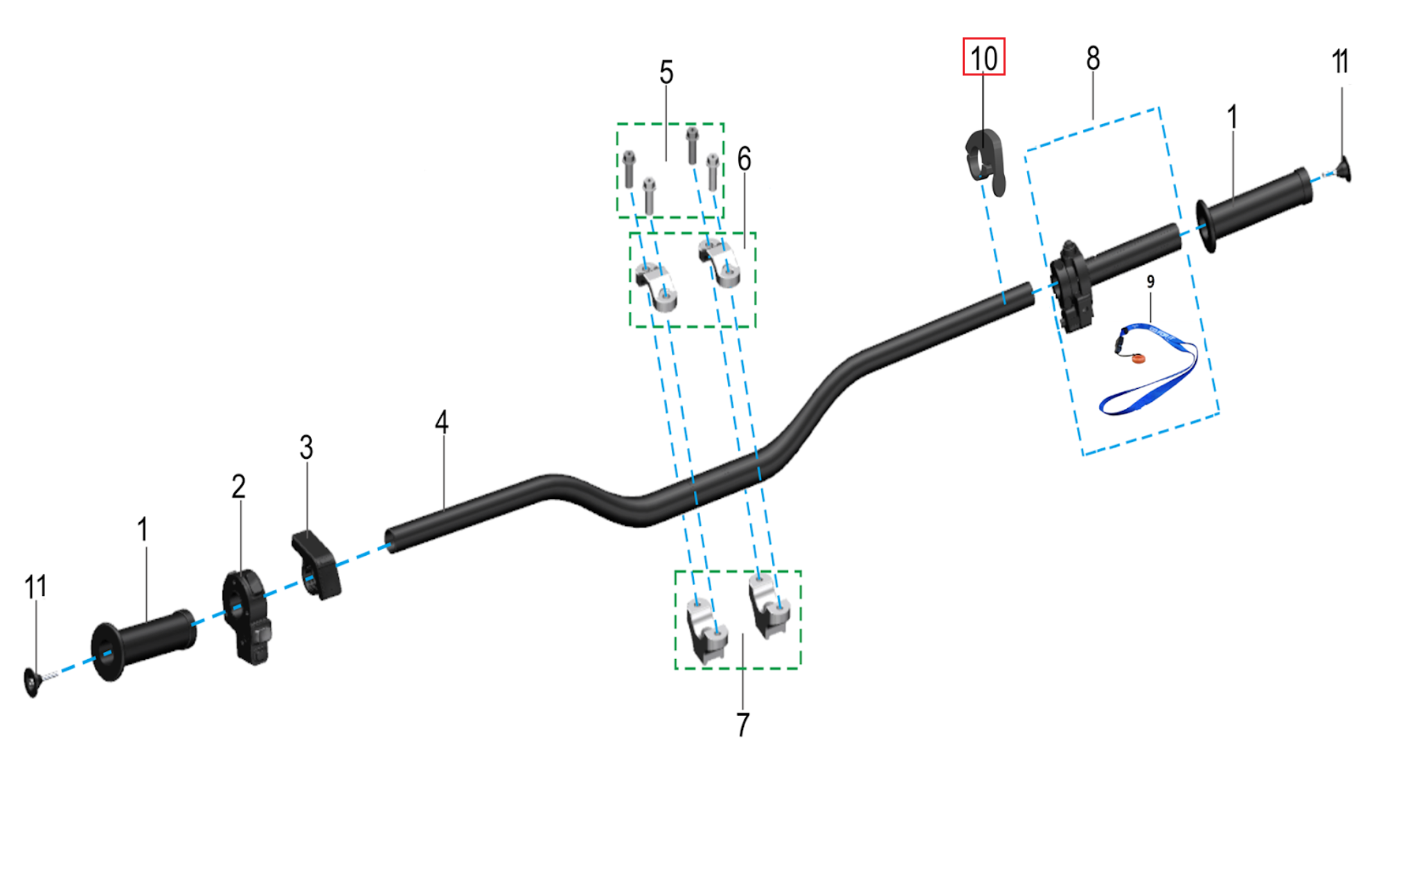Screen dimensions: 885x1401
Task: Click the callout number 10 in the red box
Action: pos(983,58)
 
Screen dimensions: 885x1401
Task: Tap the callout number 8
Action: pos(1093,58)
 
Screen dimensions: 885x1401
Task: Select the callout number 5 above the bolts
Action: pos(666,72)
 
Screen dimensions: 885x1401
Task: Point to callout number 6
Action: pos(744,159)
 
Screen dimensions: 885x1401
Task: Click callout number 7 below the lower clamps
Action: pos(742,724)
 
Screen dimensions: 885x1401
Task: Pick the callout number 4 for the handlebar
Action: pos(441,421)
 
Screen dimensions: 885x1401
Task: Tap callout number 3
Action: pos(306,447)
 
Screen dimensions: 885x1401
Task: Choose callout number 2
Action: pos(238,487)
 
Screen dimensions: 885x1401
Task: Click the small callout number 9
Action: pos(1150,281)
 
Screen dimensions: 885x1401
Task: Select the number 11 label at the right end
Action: pos(1340,62)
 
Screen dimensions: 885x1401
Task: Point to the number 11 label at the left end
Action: pos(36,587)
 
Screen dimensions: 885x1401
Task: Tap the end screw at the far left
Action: pos(32,682)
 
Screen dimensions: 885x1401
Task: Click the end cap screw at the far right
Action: pos(1344,169)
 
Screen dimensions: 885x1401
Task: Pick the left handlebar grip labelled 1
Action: pos(144,642)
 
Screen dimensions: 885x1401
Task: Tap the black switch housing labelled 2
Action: pos(244,615)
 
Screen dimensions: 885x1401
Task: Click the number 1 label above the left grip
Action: pos(143,530)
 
